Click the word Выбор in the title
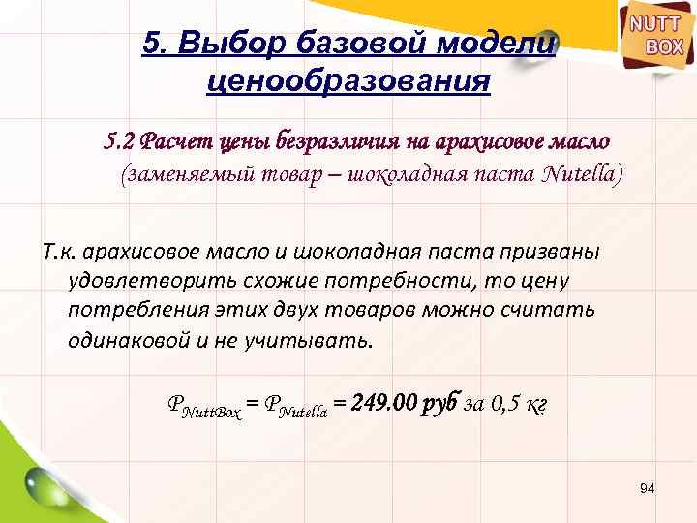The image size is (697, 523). coord(232,44)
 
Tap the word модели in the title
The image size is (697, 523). coord(498,44)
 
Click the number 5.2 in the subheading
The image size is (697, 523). coord(120,141)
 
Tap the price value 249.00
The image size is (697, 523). coord(384,402)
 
